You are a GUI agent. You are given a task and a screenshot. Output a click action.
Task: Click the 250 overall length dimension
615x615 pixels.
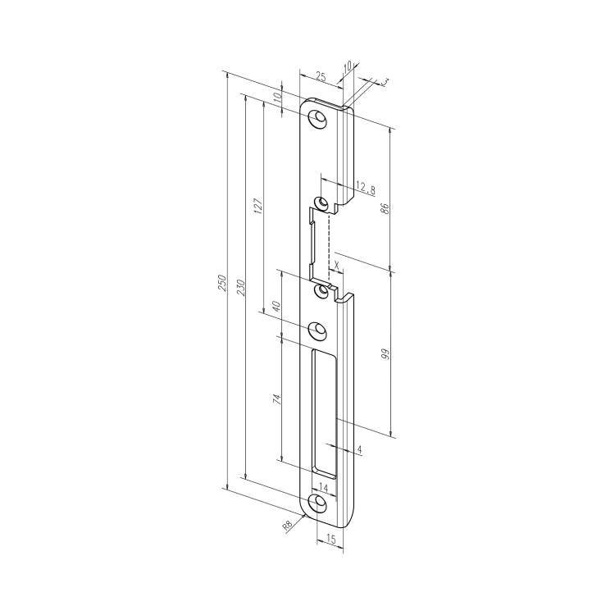point(222,282)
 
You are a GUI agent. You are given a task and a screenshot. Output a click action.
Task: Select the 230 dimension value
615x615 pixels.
point(241,288)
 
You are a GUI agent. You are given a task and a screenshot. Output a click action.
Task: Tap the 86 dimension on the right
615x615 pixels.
point(385,208)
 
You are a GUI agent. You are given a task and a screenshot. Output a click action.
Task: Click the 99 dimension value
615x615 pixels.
point(385,354)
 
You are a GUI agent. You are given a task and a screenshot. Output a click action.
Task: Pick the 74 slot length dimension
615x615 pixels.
point(277,399)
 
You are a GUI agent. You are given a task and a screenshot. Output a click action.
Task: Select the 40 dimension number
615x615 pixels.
point(276,306)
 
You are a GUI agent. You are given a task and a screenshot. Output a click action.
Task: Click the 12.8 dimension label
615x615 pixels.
point(366,190)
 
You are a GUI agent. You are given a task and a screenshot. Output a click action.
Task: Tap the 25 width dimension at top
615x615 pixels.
point(321,76)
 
